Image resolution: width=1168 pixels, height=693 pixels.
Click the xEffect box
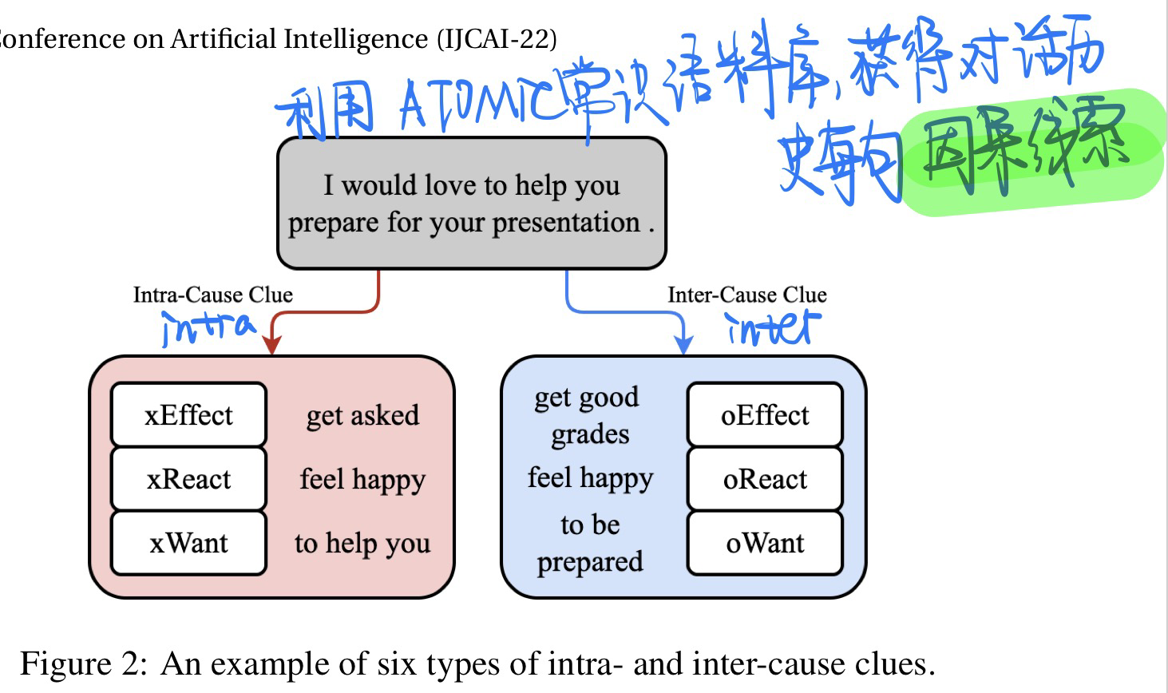[188, 415]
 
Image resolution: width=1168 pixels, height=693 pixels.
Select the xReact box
[188, 479]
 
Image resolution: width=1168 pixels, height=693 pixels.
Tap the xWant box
[188, 543]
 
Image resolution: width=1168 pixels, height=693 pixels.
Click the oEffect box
[765, 415]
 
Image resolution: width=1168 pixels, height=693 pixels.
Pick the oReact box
[765, 479]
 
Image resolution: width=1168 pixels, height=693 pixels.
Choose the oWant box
[765, 543]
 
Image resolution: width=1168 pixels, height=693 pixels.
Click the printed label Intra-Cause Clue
[212, 295]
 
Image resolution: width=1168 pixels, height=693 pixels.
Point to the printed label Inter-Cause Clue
[746, 295]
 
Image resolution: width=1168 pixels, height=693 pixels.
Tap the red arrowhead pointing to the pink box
[272, 343]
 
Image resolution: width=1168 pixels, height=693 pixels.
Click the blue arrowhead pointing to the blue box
[683, 343]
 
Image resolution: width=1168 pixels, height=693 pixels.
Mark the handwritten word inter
[773, 328]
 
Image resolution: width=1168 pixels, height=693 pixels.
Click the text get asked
[362, 415]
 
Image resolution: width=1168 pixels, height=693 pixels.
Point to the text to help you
[362, 544]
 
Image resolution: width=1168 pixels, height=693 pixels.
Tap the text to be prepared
[590, 543]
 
